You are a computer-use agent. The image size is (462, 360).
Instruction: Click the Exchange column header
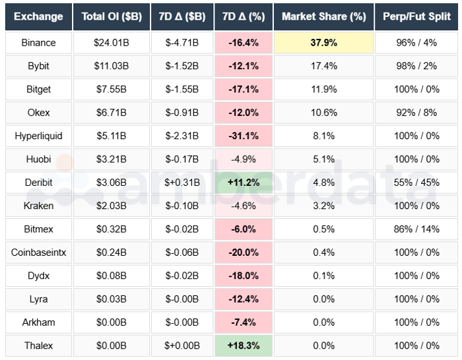click(x=38, y=16)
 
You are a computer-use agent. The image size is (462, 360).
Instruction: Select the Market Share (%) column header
click(x=323, y=16)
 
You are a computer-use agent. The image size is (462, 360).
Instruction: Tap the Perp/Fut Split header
click(x=416, y=16)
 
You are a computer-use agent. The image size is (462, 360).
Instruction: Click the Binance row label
click(x=38, y=43)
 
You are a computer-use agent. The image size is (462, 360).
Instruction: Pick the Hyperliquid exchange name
click(x=38, y=136)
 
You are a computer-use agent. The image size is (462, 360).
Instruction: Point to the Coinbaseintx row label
click(x=38, y=252)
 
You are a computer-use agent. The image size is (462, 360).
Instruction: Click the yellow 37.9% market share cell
click(x=323, y=43)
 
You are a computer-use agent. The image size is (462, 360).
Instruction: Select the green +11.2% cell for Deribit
click(x=244, y=183)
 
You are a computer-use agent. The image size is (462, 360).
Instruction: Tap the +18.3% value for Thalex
click(x=244, y=345)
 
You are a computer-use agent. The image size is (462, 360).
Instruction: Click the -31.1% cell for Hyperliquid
click(x=244, y=136)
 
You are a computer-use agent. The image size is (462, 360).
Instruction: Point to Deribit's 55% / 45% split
click(x=416, y=183)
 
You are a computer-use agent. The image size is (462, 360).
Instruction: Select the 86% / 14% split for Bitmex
click(x=416, y=229)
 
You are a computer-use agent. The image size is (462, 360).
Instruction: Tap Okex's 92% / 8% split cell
click(x=416, y=113)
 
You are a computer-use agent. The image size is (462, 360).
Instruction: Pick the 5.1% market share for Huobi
click(x=323, y=159)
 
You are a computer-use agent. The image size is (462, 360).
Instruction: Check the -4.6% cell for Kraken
click(x=244, y=206)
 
